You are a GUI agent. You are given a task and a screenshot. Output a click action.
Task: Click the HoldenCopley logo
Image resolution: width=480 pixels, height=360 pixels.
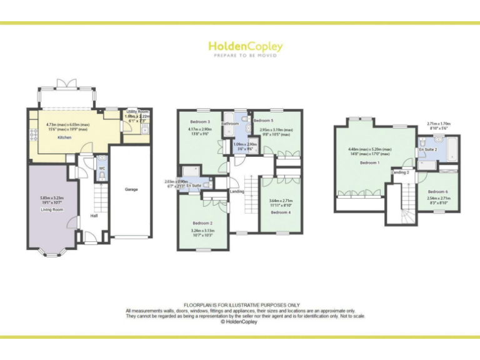(x=245, y=46)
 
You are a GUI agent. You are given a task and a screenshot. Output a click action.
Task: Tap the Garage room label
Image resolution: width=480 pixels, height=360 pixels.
(x=131, y=189)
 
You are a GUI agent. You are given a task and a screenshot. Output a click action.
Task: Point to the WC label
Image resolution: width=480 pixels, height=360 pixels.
(x=101, y=168)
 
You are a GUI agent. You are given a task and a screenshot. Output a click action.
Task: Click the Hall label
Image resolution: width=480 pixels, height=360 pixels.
(x=94, y=216)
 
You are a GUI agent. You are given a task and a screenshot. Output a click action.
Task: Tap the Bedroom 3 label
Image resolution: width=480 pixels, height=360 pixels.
(x=200, y=122)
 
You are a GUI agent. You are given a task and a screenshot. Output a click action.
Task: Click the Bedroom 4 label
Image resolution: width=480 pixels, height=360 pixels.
(x=281, y=212)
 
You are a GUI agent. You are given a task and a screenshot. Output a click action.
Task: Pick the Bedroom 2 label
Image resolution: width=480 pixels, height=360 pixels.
(x=202, y=223)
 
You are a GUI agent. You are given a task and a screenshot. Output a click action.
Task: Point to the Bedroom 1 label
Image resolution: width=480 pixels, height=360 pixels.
(x=369, y=162)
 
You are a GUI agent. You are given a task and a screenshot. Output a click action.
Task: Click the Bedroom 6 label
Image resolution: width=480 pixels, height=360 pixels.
(x=438, y=191)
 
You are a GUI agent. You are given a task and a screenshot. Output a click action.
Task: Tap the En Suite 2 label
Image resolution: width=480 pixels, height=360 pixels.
(x=427, y=150)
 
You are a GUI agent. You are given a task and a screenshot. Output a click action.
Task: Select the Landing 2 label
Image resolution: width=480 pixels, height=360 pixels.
(x=400, y=172)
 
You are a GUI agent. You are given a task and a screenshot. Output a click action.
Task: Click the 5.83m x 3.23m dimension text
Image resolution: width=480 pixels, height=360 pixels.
(x=52, y=199)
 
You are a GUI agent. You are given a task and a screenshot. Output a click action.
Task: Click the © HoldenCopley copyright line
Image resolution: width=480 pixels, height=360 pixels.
(x=240, y=322)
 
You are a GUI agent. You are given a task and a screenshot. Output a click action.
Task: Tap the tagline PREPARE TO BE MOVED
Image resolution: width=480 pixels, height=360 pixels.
(x=245, y=56)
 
